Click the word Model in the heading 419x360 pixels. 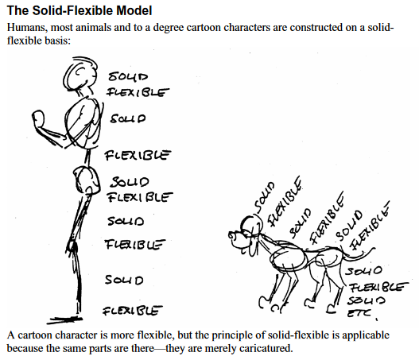[134, 10]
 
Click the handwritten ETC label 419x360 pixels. [359, 313]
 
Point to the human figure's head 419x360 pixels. [80, 74]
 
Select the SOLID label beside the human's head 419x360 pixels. [128, 76]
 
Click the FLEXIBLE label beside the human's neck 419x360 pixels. [138, 92]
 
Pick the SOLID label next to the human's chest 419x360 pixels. [128, 118]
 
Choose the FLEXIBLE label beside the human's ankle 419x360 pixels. [133, 311]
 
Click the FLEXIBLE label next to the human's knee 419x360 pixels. [135, 244]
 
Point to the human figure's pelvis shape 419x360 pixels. [87, 180]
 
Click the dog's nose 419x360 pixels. [231, 235]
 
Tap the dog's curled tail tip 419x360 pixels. [372, 250]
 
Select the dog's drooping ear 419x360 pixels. [252, 247]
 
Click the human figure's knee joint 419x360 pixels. [72, 245]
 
